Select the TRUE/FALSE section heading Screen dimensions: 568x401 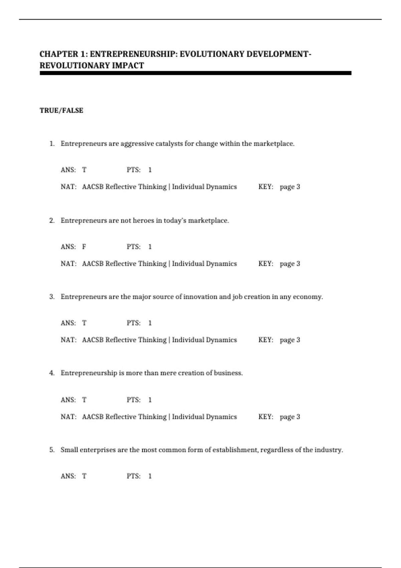point(61,111)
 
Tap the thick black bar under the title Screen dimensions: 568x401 point(195,73)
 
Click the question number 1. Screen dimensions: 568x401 point(52,144)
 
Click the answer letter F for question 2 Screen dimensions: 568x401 point(84,247)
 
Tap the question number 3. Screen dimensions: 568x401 point(52,297)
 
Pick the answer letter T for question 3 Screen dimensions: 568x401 point(84,323)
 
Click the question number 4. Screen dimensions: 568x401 point(52,373)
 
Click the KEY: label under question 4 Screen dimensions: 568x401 point(266,417)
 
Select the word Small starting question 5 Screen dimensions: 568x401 point(69,450)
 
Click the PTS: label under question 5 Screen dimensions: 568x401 point(134,476)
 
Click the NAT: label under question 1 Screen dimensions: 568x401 point(69,187)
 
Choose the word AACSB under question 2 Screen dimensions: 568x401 point(93,264)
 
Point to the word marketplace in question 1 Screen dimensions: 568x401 point(274,144)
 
